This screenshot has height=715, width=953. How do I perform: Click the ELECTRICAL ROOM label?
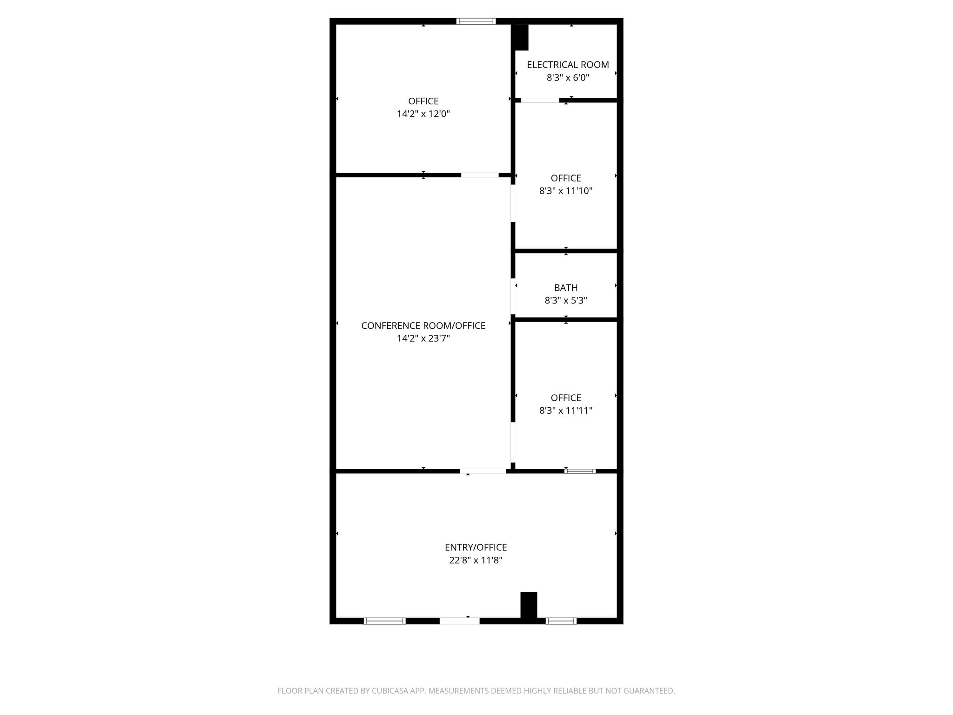[568, 65]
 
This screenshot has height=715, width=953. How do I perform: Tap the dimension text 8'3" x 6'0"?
[568, 78]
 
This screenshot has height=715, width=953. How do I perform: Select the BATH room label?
[566, 288]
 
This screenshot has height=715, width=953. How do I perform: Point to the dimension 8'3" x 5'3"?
[566, 301]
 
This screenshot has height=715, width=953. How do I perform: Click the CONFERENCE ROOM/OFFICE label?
[423, 326]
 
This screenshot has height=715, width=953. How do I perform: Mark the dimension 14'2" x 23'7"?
[423, 338]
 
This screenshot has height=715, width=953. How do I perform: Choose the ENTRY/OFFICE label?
[476, 547]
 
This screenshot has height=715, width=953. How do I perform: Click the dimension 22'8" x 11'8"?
[476, 560]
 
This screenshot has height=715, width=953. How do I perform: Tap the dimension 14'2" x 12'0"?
[423, 114]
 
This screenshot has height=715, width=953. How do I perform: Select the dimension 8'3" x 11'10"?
[566, 191]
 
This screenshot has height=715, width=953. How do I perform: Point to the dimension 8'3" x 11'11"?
[566, 411]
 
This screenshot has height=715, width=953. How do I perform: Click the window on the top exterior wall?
[476, 21]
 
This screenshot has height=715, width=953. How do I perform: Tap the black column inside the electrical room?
[521, 37]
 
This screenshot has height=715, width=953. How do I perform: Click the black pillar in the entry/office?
[529, 605]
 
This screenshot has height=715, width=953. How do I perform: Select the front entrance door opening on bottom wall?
[459, 621]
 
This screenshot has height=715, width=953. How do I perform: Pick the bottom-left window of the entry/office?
[384, 621]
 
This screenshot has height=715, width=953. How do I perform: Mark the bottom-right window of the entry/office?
[561, 621]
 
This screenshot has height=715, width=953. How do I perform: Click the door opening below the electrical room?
[540, 100]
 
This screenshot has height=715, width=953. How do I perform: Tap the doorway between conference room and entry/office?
[483, 471]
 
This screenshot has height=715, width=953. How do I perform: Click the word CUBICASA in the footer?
[389, 691]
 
